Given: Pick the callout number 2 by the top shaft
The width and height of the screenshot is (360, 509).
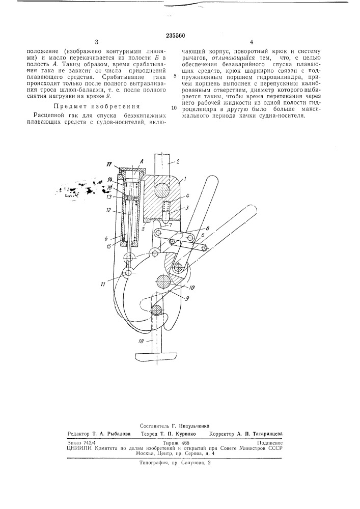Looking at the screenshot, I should [x=178, y=161].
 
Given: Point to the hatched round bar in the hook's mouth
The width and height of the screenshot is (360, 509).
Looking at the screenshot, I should [x=158, y=308].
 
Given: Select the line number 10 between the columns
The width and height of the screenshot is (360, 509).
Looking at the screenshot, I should [x=174, y=108].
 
